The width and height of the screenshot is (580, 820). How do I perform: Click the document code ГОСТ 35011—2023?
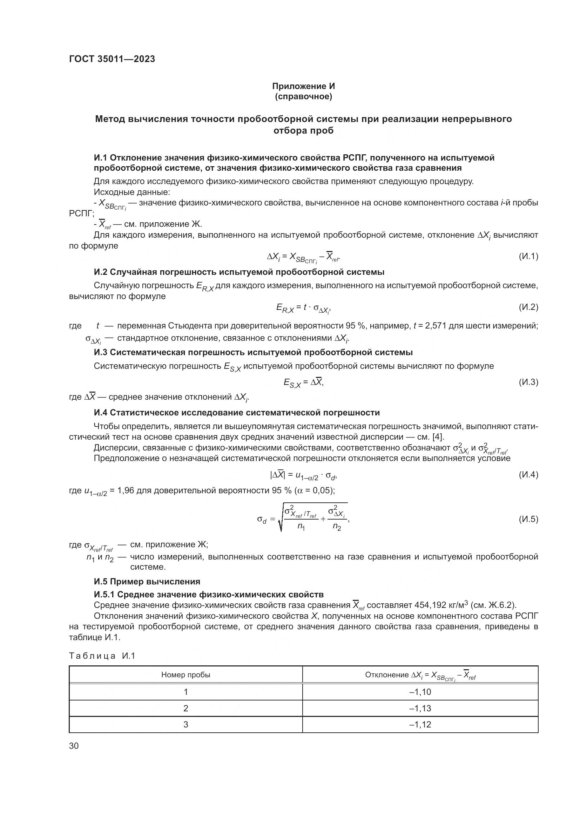point(112,59)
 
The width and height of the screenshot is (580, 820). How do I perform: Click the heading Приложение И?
point(303,86)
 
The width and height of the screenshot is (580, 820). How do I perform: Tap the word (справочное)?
point(303,97)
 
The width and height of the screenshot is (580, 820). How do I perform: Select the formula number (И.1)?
point(528,256)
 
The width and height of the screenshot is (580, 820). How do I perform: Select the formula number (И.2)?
point(528,307)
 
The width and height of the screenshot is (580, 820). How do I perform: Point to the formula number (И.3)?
point(528,382)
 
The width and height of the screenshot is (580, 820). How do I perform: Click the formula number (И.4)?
point(528,475)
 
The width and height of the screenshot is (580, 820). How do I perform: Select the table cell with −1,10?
point(420,692)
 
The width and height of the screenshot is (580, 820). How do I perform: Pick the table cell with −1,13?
point(420,708)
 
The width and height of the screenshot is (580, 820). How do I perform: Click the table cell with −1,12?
point(420,724)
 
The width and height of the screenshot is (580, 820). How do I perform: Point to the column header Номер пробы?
point(186,675)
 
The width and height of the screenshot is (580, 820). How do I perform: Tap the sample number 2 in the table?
point(186,708)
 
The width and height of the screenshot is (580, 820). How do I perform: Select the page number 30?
point(74,746)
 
